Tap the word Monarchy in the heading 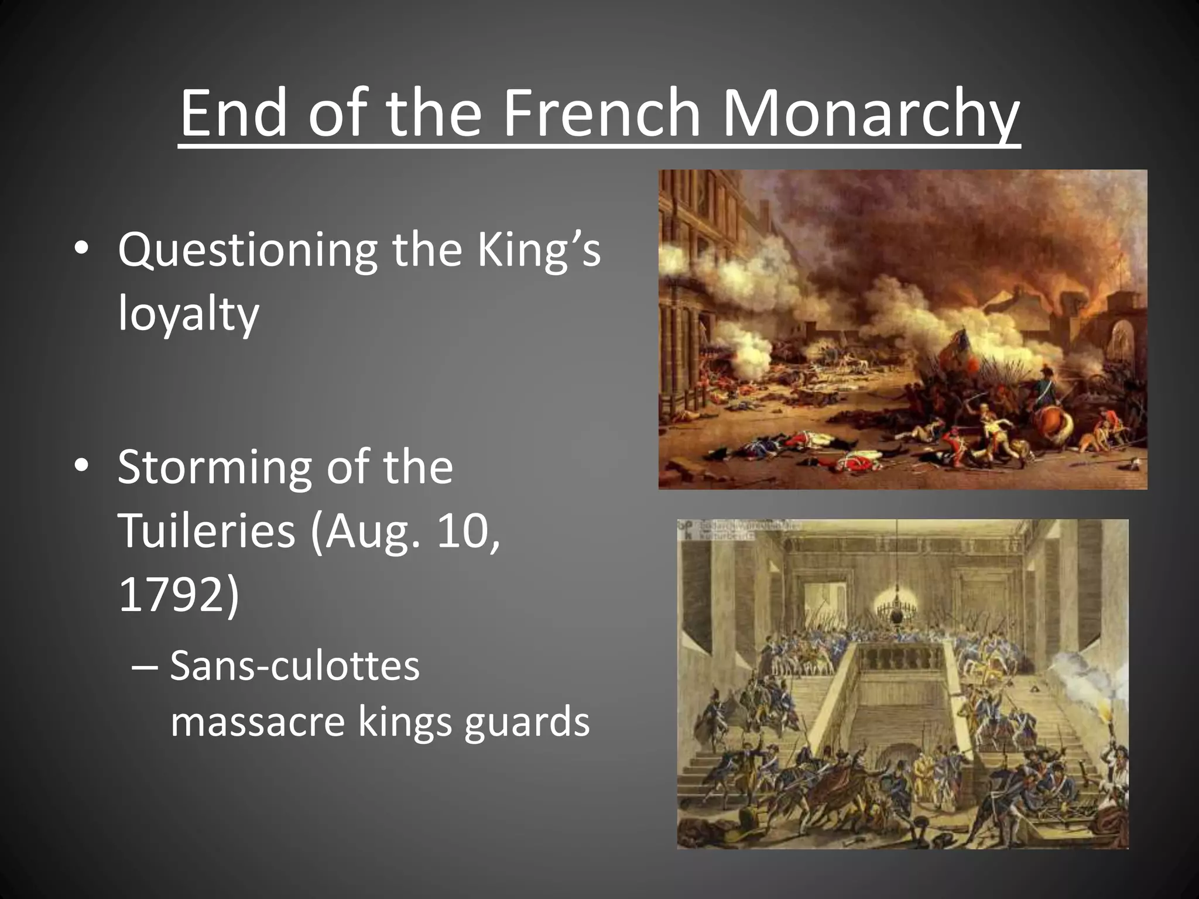point(871,114)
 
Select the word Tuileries point(206,531)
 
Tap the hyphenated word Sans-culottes point(294,665)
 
